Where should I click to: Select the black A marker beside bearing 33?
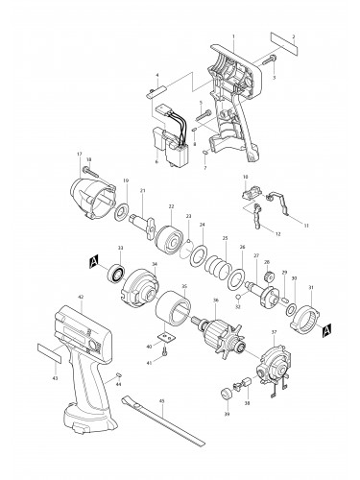(93, 259)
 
